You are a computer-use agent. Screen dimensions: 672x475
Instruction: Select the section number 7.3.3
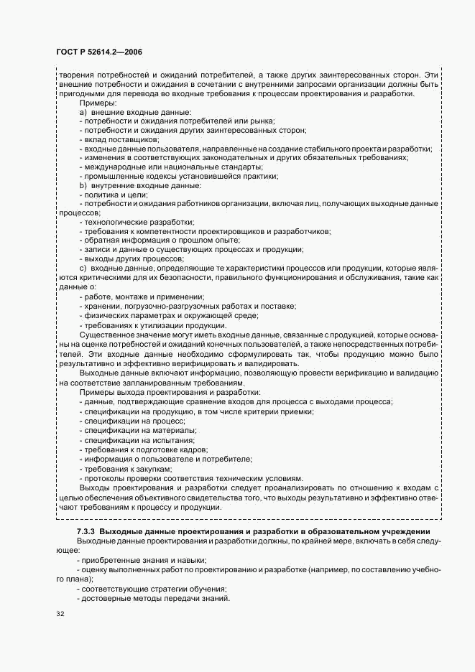tap(87, 531)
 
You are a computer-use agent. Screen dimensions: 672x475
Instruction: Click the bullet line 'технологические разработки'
tap(137, 222)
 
